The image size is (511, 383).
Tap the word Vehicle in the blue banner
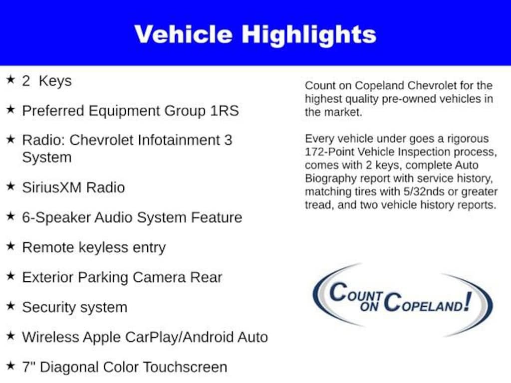184,34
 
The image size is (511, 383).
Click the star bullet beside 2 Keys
11,79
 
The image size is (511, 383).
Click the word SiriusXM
51,188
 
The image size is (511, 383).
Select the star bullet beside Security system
11,306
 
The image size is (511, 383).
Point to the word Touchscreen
185,367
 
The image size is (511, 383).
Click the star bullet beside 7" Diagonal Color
11,366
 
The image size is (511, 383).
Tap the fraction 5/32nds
424,191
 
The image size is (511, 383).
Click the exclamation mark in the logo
468,301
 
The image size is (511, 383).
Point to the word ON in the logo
369,306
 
